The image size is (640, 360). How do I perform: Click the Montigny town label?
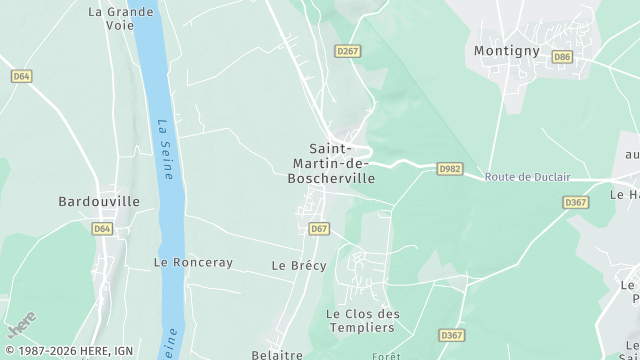(506, 51)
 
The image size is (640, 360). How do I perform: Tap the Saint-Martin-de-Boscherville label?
(330, 164)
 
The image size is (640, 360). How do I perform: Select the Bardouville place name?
(99, 201)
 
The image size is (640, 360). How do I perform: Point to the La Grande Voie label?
(121, 19)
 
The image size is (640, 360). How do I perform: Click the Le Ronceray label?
(193, 262)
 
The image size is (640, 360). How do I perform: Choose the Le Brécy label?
(293, 266)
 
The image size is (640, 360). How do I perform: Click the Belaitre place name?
(277, 354)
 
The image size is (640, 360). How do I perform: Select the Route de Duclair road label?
(527, 177)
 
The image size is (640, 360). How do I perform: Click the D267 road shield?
(347, 51)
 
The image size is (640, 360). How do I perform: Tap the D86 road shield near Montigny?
(562, 57)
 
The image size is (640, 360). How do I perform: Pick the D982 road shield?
(450, 170)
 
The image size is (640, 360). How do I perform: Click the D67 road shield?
(319, 229)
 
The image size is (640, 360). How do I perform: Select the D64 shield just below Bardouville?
(102, 229)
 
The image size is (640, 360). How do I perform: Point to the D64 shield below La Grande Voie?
(22, 76)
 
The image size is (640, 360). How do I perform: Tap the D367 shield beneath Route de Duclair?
(575, 202)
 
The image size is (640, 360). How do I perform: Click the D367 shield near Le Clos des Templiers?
(451, 335)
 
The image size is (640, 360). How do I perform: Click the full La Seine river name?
(165, 150)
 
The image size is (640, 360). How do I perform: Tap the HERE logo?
(21, 325)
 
